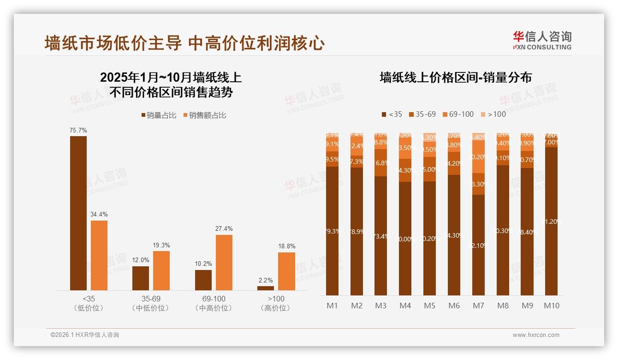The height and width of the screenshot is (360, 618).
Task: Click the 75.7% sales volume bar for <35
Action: click(78, 213)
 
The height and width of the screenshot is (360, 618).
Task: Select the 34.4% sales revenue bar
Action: click(99, 255)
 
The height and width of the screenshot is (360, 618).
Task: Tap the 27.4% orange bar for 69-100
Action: click(224, 262)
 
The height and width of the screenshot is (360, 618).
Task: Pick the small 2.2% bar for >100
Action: click(266, 288)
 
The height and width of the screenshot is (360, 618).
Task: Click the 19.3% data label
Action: click(161, 245)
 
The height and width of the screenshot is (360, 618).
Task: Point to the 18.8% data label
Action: click(286, 246)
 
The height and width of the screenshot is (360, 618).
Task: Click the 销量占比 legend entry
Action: click(158, 115)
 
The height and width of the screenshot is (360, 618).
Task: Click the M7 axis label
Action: click(478, 306)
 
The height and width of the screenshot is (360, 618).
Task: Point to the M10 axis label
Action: click(551, 306)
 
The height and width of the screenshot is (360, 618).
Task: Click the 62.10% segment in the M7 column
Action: click(478, 245)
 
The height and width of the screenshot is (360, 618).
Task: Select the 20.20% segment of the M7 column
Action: click(478, 157)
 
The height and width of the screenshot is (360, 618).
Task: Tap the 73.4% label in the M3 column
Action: click(380, 236)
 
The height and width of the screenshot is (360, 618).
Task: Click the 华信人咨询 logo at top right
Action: click(542, 40)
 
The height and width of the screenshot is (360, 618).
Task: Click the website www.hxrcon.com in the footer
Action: click(536, 335)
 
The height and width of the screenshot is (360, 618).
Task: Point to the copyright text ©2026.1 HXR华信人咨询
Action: click(85, 335)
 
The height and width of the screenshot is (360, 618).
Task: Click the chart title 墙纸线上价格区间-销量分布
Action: click(455, 77)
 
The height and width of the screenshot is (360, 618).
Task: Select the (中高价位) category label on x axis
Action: click(214, 308)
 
